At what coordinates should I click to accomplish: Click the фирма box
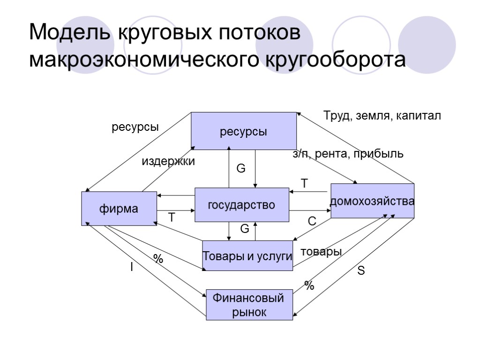pos(119,209)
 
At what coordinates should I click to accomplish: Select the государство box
pos(241,205)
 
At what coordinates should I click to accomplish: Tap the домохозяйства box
pos(373,201)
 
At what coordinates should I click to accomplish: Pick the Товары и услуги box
pos(247,256)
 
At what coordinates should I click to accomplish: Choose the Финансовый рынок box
pos(249,305)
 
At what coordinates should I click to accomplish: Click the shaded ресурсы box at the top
pos(244,131)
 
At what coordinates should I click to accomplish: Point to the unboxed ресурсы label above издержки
pos(135,127)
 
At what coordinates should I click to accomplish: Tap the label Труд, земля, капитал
pos(382,116)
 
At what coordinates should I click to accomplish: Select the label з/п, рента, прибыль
pos(348,154)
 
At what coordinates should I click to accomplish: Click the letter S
pos(361,271)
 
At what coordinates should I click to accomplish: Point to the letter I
pos(132,267)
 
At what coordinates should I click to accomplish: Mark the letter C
pos(312,221)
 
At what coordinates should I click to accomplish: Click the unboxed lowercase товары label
pos(321,252)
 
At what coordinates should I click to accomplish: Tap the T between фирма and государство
pos(172,218)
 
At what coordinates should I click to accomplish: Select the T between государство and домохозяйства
pos(304,184)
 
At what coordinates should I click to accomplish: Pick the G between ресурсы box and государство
pos(240,169)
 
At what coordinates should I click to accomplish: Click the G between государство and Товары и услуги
pos(244,229)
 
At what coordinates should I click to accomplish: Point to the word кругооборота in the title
pos(335,60)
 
